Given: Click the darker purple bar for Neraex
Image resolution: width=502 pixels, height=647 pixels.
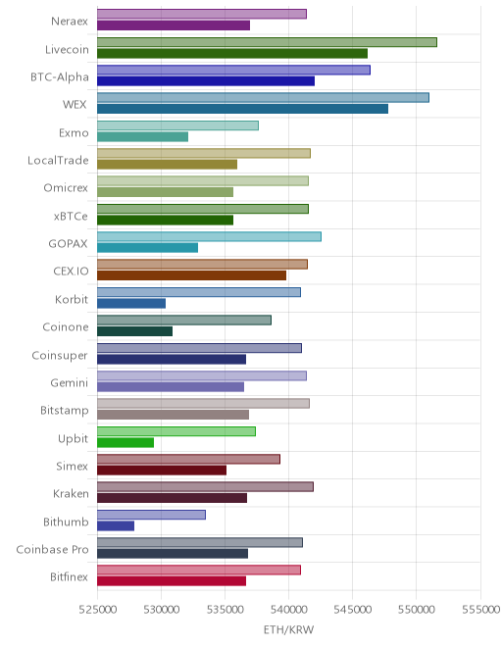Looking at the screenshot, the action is (x=174, y=25).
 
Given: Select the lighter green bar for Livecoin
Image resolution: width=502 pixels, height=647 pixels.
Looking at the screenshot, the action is (x=267, y=42).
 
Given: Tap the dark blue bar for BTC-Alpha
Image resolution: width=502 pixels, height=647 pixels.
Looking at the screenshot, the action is (x=206, y=80).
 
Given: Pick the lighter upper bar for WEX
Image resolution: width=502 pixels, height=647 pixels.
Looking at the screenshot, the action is (x=264, y=98).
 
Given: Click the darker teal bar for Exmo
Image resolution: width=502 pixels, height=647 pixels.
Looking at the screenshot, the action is (x=143, y=136).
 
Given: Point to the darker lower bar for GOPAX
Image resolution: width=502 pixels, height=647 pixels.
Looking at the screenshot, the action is (x=147, y=248).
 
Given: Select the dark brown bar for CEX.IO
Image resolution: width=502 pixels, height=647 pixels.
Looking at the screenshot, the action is (x=191, y=275).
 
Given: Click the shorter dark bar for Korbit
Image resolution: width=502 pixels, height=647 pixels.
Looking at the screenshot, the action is (x=131, y=303).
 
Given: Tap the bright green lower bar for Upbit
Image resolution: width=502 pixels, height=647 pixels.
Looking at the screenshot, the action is (x=125, y=442).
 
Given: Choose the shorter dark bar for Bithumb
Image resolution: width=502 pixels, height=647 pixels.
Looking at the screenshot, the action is (x=116, y=525).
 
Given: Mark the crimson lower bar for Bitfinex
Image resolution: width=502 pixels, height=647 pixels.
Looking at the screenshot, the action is (x=172, y=581).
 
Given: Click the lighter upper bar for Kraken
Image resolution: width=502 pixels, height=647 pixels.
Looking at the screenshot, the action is (x=205, y=487).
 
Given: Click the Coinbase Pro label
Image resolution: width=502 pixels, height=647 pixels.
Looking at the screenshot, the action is (x=52, y=550).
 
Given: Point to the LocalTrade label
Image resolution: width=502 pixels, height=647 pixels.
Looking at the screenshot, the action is (x=58, y=160).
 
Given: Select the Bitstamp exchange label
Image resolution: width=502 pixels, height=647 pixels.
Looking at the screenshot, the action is (x=65, y=411).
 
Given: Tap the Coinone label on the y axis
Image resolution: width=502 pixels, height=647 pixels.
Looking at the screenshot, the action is (x=66, y=327).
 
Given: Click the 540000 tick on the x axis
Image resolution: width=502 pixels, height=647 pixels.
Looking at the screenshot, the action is (x=288, y=610).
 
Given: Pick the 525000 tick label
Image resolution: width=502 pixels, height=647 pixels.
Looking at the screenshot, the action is (x=97, y=610).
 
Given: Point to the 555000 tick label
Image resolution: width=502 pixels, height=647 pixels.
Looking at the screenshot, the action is (x=480, y=610).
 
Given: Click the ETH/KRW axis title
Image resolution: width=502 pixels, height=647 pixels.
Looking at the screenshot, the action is (x=288, y=629).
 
